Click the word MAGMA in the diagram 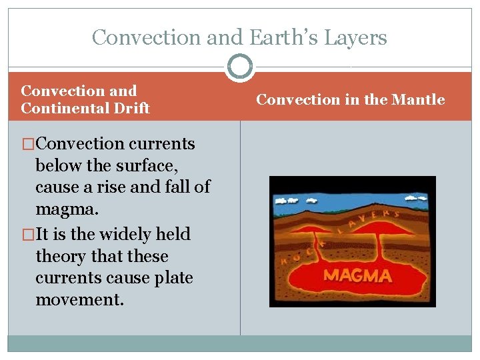(x=358, y=275)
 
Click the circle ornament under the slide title (x=240, y=67)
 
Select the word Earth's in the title (x=294, y=37)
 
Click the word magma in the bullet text (x=66, y=210)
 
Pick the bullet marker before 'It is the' (x=28, y=235)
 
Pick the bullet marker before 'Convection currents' (x=28, y=144)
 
